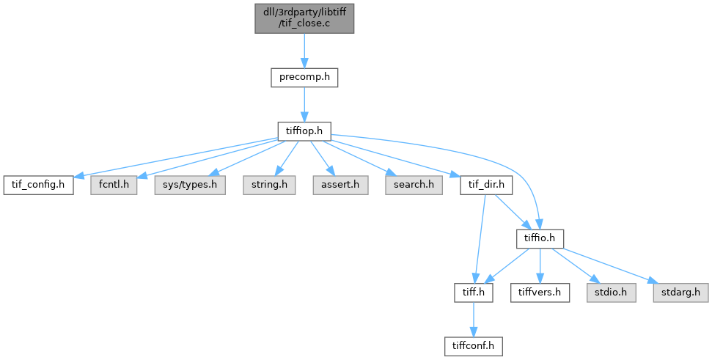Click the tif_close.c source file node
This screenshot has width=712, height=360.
tap(304, 18)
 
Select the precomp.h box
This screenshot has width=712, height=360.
tap(304, 78)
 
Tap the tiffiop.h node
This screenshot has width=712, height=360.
tap(304, 131)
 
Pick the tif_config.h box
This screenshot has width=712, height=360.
tap(39, 185)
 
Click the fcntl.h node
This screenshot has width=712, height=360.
tap(114, 185)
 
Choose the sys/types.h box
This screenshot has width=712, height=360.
tap(190, 185)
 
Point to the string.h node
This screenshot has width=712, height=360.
tap(269, 185)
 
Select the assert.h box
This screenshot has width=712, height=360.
tap(340, 185)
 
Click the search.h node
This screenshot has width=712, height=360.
tap(414, 185)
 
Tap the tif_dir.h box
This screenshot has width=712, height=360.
tap(486, 185)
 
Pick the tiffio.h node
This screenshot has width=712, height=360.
tap(540, 239)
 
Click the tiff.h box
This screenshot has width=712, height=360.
tap(474, 293)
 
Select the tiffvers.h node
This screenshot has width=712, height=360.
tap(540, 293)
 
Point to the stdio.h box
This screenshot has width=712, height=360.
tap(612, 293)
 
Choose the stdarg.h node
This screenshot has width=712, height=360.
tap(680, 293)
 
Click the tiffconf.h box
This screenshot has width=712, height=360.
tap(474, 347)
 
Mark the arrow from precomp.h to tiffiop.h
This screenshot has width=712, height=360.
tap(304, 104)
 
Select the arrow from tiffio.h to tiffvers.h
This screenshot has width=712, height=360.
tap(540, 266)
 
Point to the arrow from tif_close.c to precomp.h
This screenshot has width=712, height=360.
tap(304, 51)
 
